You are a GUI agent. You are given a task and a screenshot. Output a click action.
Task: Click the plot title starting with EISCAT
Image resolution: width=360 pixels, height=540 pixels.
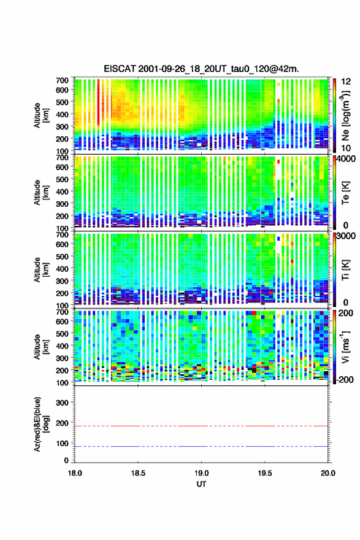pos(201,69)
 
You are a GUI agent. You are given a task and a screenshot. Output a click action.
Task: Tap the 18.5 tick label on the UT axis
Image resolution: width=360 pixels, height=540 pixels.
pos(138,473)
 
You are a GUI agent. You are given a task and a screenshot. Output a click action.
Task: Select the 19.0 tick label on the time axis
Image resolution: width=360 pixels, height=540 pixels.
pos(201,473)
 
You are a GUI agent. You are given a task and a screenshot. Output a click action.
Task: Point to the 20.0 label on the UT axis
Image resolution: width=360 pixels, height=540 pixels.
pos(328,473)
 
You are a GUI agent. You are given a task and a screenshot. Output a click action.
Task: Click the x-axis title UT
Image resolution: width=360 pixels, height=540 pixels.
pos(201,484)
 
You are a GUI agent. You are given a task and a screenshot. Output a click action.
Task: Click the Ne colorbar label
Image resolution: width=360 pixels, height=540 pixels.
pos(346,116)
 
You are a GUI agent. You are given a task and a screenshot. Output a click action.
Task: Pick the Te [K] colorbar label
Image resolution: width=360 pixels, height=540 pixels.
pos(346,193)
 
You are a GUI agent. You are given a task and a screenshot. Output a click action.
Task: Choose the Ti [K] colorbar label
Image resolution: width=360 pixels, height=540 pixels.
pos(346,270)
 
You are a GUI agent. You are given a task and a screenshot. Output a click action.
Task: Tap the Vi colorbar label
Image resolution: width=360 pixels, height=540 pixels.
pos(346,347)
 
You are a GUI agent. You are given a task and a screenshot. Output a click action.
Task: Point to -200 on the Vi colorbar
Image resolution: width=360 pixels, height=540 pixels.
pos(345,379)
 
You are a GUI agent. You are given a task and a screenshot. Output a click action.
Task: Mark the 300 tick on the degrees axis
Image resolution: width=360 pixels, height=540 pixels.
pos(63,403)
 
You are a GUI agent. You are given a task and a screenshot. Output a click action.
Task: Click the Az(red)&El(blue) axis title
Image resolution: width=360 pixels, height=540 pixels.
pos(41,424)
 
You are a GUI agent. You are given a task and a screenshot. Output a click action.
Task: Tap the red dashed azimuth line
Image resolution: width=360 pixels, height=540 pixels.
pos(201,426)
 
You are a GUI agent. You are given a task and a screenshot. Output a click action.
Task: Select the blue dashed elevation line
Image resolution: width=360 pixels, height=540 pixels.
pos(201,446)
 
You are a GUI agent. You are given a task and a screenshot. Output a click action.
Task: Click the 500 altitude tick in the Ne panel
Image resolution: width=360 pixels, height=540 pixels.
pos(63,102)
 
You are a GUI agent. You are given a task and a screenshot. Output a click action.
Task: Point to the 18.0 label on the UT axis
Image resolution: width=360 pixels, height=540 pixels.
pos(75,473)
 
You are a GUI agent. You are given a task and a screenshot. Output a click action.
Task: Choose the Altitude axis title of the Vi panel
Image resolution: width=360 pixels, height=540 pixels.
pos(41,347)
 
